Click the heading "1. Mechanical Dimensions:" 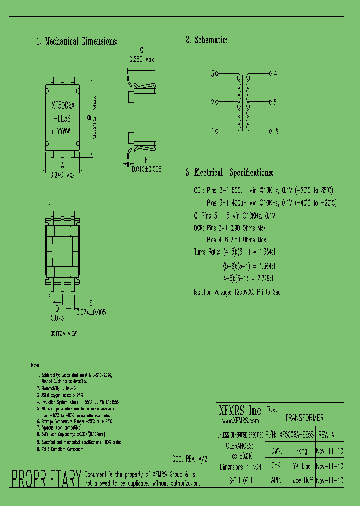(x=77, y=42)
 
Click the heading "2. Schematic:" (x=206, y=40)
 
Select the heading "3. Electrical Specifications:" (x=229, y=173)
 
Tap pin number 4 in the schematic (x=275, y=74)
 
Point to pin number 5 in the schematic (x=275, y=102)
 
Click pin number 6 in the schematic (x=275, y=131)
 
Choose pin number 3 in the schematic (x=212, y=74)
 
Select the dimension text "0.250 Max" (x=141, y=59)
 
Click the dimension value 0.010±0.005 (x=147, y=169)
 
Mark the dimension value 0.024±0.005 (x=91, y=312)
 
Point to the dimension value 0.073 (x=57, y=317)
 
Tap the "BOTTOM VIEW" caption (x=64, y=333)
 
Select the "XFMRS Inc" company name (x=240, y=411)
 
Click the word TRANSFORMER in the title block (x=304, y=418)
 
